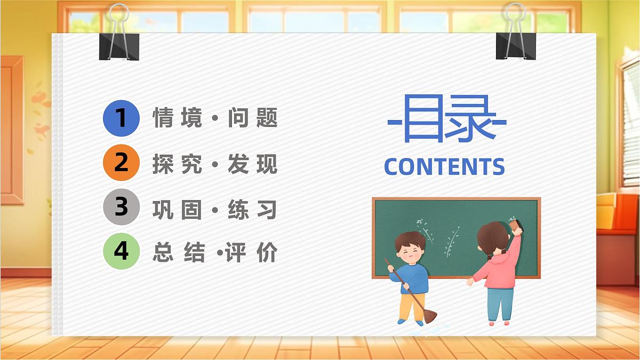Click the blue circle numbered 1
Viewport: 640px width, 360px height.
[x=121, y=118]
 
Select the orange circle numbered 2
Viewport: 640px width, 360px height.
[x=121, y=162]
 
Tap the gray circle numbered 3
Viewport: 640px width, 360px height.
[x=121, y=207]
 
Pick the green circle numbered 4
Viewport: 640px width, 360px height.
[x=121, y=251]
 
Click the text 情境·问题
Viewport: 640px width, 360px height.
[x=215, y=118]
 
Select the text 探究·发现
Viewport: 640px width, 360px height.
[x=215, y=164]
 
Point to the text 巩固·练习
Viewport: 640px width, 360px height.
[x=215, y=209]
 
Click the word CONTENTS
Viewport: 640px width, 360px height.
[x=444, y=167]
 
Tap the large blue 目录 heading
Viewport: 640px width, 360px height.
[x=447, y=120]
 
